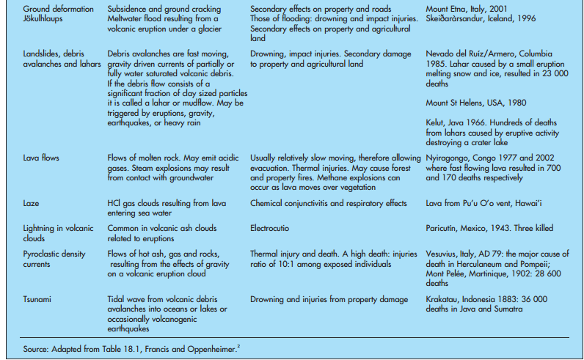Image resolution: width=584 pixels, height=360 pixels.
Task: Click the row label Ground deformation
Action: (x=58, y=9)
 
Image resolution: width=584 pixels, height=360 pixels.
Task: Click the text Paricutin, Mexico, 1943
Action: (x=476, y=228)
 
